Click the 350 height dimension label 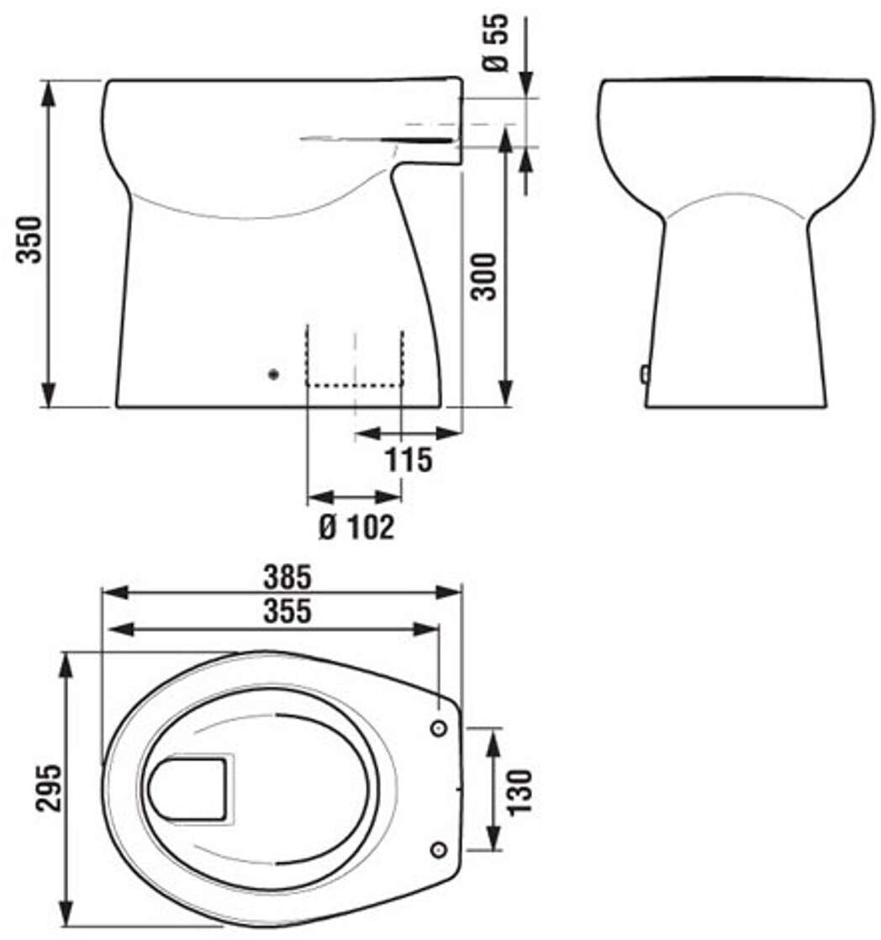tap(29, 240)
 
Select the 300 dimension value tap(484, 277)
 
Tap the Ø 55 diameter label tap(496, 43)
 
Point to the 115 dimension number tap(409, 460)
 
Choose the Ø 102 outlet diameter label tap(356, 527)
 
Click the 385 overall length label tap(288, 578)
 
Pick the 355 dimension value tap(288, 611)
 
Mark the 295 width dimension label tap(48, 789)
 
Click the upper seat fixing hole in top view tap(440, 729)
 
